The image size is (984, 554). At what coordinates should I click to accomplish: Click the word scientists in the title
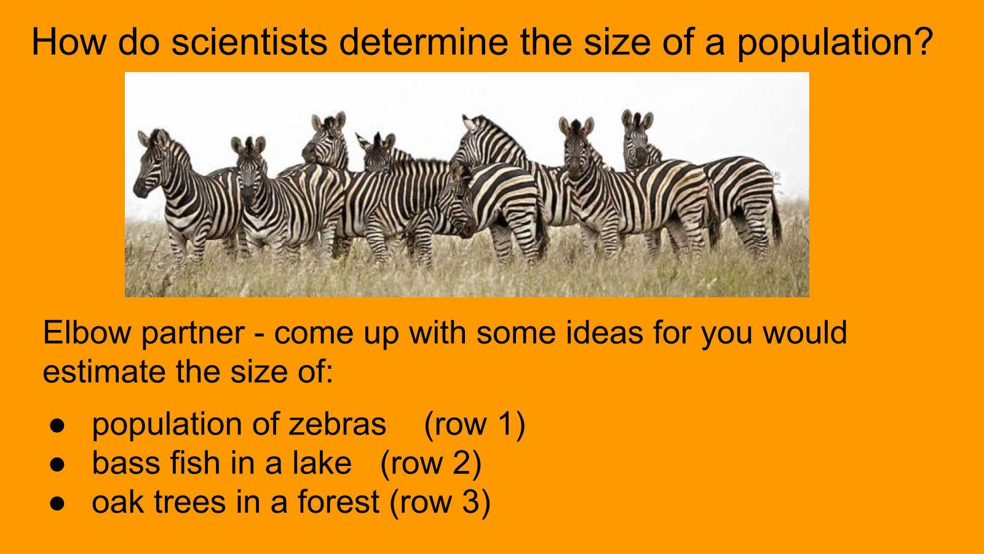[x=249, y=42]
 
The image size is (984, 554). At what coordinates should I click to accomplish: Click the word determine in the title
[x=424, y=42]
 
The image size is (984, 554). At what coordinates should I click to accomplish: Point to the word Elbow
[x=87, y=332]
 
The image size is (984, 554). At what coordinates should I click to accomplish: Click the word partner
[x=193, y=335]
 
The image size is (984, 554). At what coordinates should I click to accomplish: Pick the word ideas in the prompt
[x=605, y=332]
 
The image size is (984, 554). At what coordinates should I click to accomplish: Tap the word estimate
[x=104, y=372]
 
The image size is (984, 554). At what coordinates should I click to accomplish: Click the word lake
[x=322, y=464]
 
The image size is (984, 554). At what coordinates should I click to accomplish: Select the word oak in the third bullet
[x=117, y=502]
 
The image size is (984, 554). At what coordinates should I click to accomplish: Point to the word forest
[x=338, y=502]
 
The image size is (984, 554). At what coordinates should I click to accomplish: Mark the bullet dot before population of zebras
[x=57, y=425]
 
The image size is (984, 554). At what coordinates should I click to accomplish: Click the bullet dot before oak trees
[x=57, y=504]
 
